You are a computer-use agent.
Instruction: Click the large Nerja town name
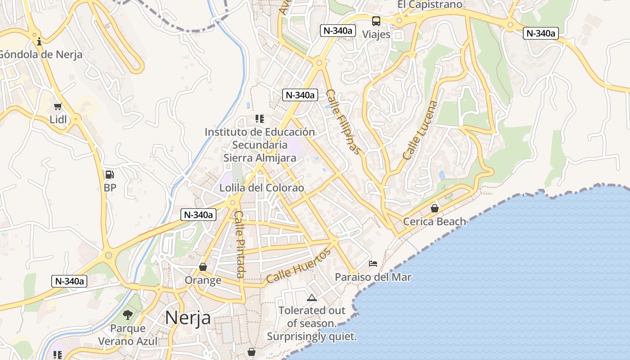(188, 318)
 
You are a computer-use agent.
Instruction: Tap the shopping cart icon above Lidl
(58, 107)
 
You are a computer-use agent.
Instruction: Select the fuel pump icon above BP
(109, 175)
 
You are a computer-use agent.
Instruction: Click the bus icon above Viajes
(376, 21)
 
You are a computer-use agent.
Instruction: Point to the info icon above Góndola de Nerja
(39, 42)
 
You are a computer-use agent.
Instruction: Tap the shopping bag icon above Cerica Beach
(434, 208)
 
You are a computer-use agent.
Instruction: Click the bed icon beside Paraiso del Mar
(373, 264)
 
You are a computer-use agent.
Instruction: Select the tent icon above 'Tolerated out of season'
(311, 297)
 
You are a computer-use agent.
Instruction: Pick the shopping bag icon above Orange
(203, 267)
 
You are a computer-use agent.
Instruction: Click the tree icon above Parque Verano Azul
(128, 315)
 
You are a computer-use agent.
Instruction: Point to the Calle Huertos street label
(298, 265)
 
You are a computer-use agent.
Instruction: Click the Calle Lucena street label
(420, 130)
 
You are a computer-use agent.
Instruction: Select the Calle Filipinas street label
(343, 121)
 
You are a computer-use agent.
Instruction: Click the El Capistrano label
(430, 4)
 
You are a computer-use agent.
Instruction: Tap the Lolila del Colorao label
(261, 188)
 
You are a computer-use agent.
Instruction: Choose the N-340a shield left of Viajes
(338, 31)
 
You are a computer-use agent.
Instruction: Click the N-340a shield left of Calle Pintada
(198, 215)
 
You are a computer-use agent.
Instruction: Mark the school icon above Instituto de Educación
(259, 119)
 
